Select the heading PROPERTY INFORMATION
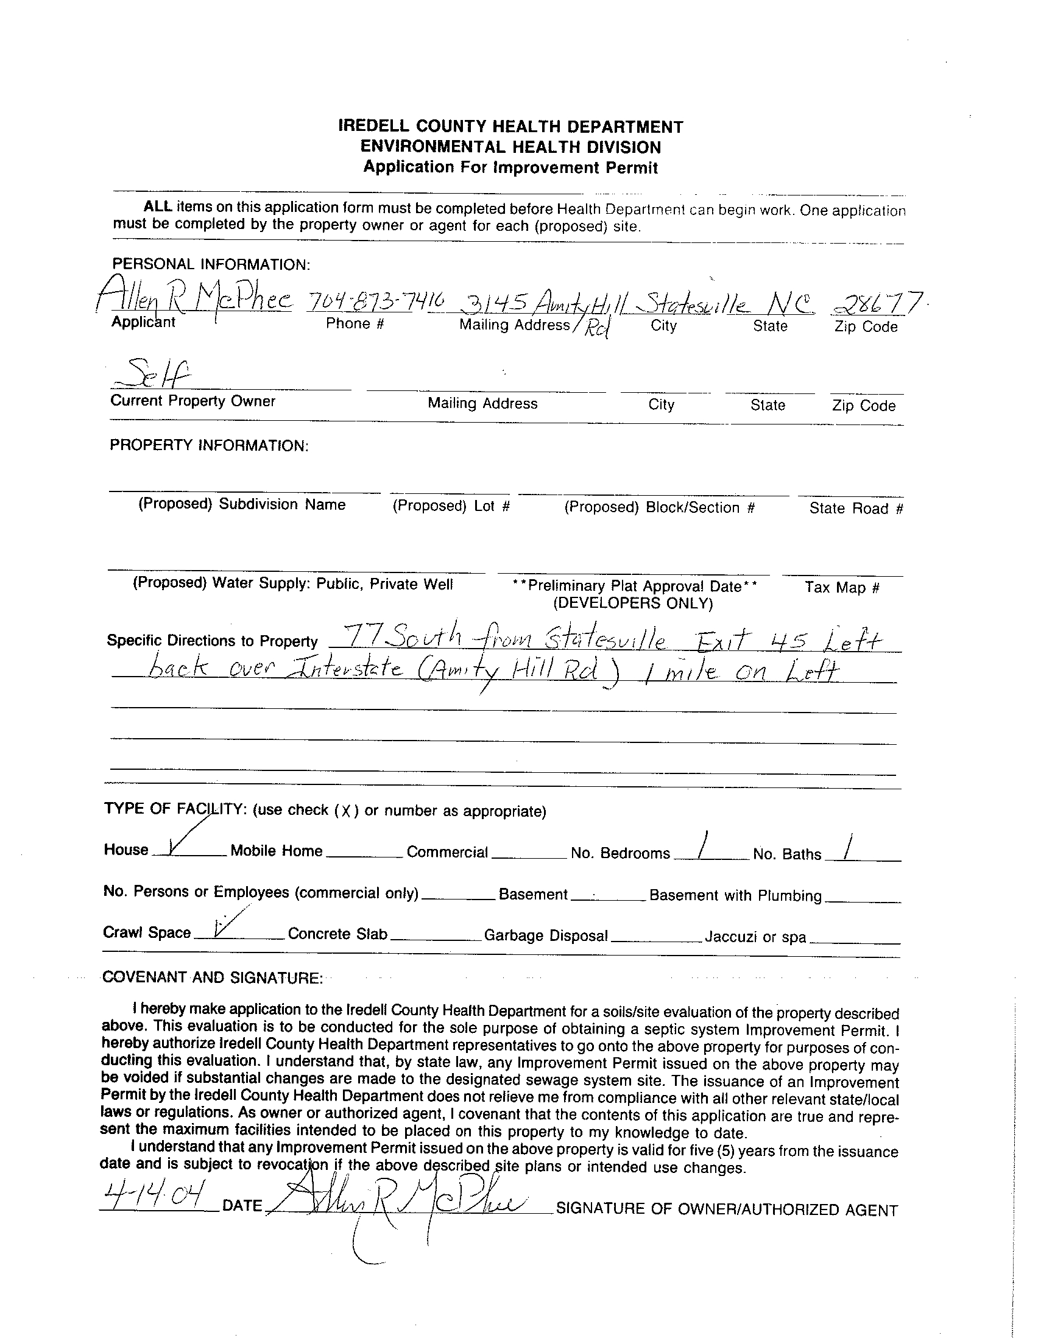[x=209, y=445]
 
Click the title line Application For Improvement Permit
[x=510, y=167]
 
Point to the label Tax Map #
[x=842, y=588]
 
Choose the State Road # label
[x=856, y=508]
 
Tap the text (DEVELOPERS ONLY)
[x=633, y=604]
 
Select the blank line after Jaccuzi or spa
[x=854, y=942]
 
